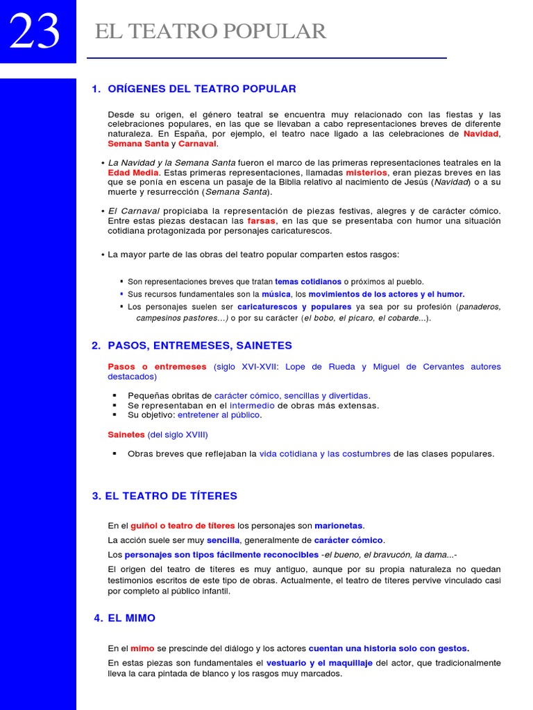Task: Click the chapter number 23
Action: coord(35,32)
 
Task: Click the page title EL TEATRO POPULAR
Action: coord(210,32)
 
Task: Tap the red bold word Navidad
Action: coord(481,134)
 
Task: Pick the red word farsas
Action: coord(261,220)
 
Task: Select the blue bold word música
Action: coord(276,294)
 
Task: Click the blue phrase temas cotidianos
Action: coord(308,282)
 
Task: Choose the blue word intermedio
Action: coord(252,406)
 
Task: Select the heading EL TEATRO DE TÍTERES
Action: coord(171,496)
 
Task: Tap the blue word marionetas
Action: coord(339,526)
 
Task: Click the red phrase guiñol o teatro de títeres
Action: coord(183,526)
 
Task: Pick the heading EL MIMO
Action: coord(131,618)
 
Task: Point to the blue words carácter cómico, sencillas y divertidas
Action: coord(292,396)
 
